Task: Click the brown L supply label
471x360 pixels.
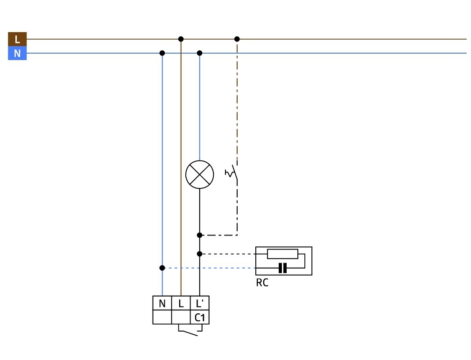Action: pyautogui.click(x=17, y=39)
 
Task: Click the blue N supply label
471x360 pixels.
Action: pyautogui.click(x=17, y=54)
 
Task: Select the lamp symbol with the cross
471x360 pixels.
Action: pyautogui.click(x=199, y=175)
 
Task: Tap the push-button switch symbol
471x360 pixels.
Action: pyautogui.click(x=232, y=173)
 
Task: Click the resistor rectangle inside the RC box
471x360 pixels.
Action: pyautogui.click(x=282, y=254)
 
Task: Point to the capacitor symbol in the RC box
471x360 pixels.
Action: pyautogui.click(x=282, y=268)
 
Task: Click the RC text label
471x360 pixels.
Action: pyautogui.click(x=262, y=283)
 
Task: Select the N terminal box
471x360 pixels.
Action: pyautogui.click(x=162, y=304)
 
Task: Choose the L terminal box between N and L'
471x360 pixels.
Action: pyautogui.click(x=181, y=304)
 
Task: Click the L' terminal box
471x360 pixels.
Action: pyautogui.click(x=200, y=304)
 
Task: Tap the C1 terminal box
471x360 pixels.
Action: pyautogui.click(x=200, y=318)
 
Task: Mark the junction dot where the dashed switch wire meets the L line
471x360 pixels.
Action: pyautogui.click(x=237, y=39)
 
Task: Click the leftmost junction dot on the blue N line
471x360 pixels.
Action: pyautogui.click(x=162, y=53)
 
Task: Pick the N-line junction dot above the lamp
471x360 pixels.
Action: pyautogui.click(x=200, y=53)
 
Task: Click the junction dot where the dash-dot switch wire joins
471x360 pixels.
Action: pyautogui.click(x=200, y=235)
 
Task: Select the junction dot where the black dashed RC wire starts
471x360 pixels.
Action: pyautogui.click(x=200, y=254)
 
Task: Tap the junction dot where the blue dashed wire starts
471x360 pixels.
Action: pyautogui.click(x=162, y=268)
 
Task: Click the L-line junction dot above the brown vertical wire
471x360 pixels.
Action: pyautogui.click(x=181, y=39)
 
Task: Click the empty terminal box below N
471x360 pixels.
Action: pyautogui.click(x=162, y=318)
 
